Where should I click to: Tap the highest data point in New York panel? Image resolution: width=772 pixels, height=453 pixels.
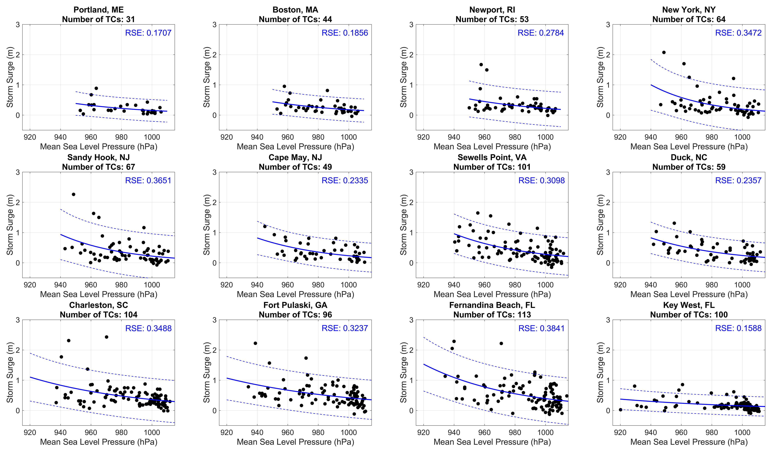[664, 52]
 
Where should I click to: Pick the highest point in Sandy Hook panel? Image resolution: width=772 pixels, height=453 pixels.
[73, 194]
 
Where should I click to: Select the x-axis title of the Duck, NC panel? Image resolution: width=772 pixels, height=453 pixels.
[689, 294]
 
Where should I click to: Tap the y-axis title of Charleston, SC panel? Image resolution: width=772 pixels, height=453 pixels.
[10, 372]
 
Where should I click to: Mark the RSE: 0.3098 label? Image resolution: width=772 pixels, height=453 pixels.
[541, 181]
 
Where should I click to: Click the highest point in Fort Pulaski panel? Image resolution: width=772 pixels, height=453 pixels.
[255, 343]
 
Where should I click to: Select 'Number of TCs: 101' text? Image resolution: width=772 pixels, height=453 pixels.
[492, 167]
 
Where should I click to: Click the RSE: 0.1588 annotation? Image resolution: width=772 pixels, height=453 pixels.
[738, 328]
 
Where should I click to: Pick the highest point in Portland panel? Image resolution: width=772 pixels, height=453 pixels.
[96, 88]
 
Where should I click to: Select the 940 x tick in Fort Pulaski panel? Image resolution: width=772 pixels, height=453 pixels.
[257, 432]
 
